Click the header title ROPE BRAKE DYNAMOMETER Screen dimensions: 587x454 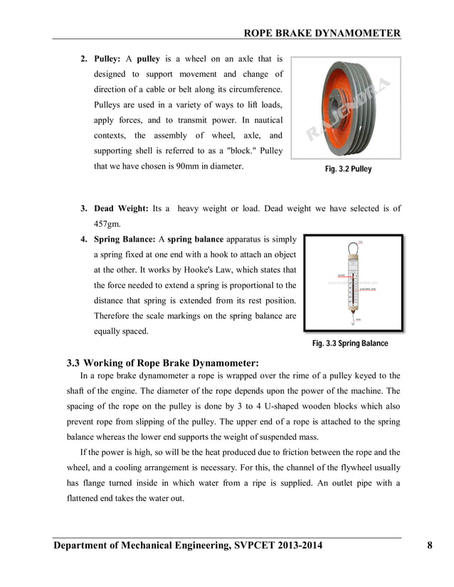point(322,33)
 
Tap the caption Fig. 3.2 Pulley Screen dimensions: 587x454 point(348,170)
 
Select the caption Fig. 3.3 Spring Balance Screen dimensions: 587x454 point(350,344)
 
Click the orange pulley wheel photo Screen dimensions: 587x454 point(345,108)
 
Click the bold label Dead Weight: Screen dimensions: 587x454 point(121,208)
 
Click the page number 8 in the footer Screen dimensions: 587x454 point(430,546)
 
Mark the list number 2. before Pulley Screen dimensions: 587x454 point(83,58)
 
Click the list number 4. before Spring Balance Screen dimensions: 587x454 point(83,239)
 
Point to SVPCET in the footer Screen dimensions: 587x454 point(255,546)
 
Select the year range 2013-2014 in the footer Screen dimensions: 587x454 point(298,546)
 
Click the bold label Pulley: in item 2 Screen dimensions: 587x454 point(109,58)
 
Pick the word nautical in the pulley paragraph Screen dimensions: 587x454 point(264,120)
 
